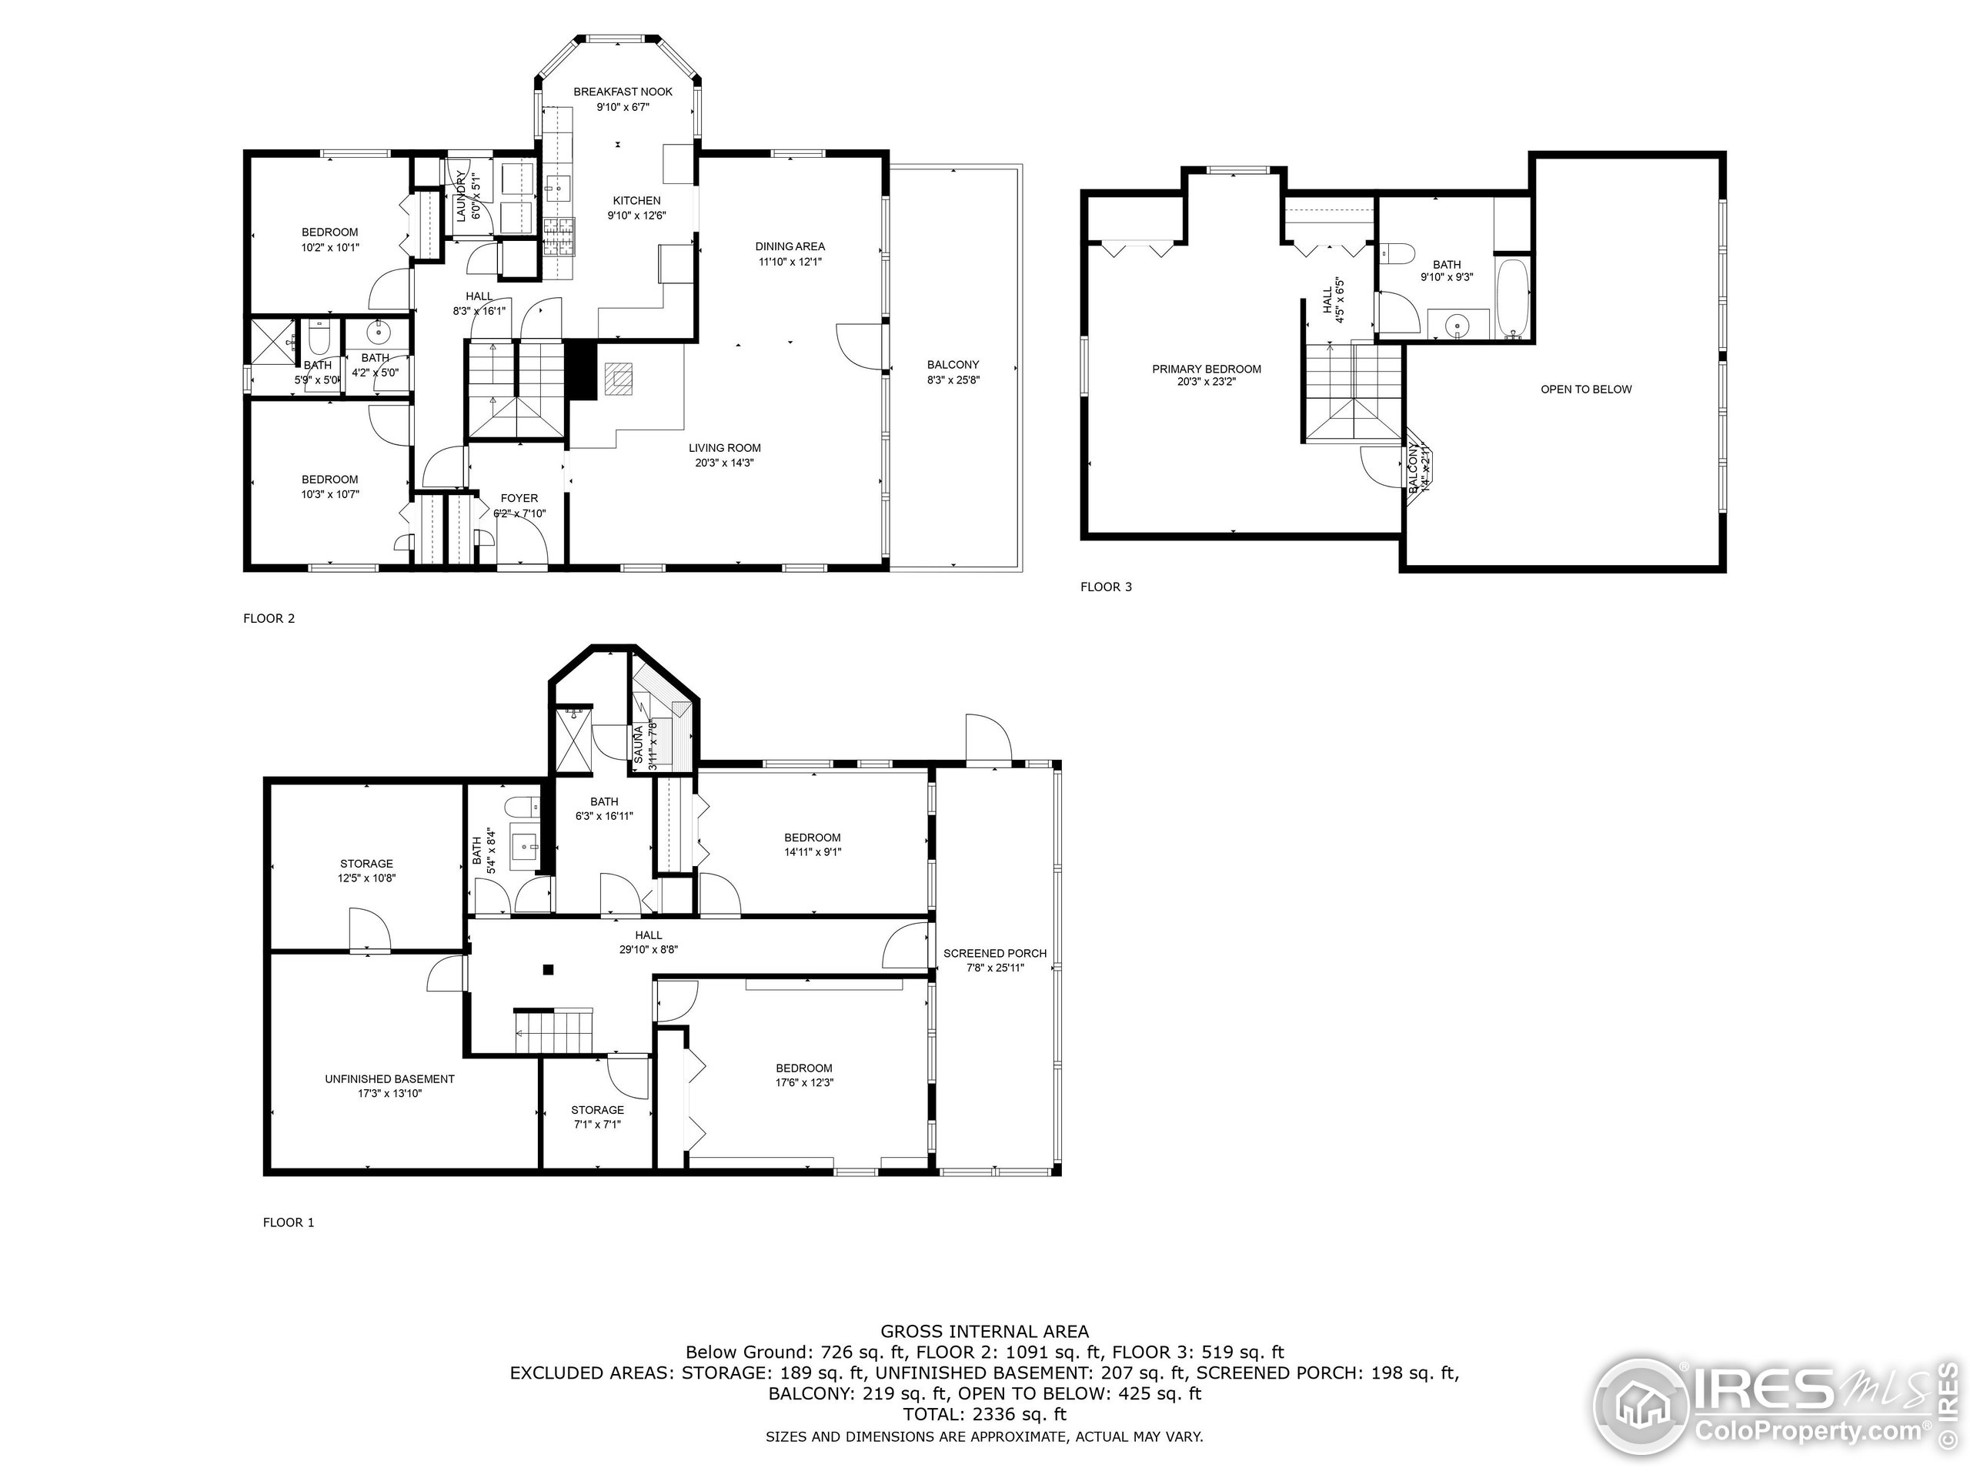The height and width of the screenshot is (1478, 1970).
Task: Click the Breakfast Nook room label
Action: (x=623, y=92)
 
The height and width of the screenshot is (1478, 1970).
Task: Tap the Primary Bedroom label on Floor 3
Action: (x=1206, y=369)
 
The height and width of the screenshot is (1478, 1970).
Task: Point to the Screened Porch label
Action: (x=995, y=953)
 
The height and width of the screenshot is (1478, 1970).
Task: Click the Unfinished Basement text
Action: (x=389, y=1079)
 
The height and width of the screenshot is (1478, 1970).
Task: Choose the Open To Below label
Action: (x=1586, y=390)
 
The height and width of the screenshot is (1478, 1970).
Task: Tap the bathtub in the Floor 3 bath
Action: (x=1513, y=299)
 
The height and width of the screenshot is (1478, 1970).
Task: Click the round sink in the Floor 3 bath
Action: (x=1457, y=326)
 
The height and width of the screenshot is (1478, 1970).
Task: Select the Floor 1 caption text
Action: (x=288, y=1222)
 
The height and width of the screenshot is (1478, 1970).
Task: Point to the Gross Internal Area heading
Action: (x=984, y=1332)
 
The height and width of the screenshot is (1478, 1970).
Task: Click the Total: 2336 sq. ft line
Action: (x=984, y=1414)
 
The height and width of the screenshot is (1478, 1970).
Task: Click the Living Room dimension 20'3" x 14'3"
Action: (x=724, y=463)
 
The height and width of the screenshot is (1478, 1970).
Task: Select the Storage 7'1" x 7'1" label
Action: (x=596, y=1117)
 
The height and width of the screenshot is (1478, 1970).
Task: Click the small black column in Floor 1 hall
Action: (x=549, y=970)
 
